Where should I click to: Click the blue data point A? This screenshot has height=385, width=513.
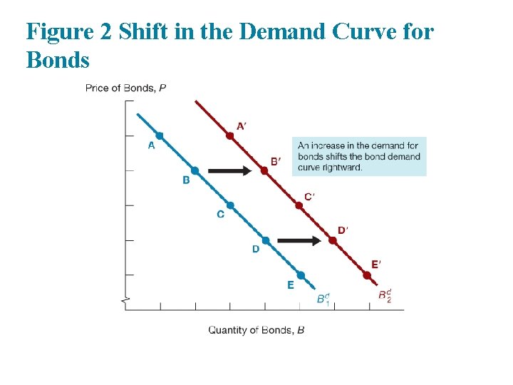pyautogui.click(x=160, y=135)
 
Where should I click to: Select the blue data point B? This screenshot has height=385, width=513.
pyautogui.click(x=195, y=170)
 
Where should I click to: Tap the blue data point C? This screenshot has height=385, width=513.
pyautogui.click(x=230, y=205)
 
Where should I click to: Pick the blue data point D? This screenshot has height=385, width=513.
pyautogui.click(x=266, y=240)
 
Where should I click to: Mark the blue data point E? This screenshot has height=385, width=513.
pyautogui.click(x=301, y=275)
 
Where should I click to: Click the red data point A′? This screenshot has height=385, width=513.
pyautogui.click(x=229, y=135)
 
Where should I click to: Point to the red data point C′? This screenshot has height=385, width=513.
pyautogui.click(x=299, y=205)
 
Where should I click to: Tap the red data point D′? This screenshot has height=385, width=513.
pyautogui.click(x=333, y=240)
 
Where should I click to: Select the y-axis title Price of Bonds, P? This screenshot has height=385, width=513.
pyautogui.click(x=125, y=88)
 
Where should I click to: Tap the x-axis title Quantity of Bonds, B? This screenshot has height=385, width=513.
pyautogui.click(x=256, y=330)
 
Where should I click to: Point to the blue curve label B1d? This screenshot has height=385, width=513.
pyautogui.click(x=323, y=299)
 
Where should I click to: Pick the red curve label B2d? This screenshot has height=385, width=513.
pyautogui.click(x=385, y=294)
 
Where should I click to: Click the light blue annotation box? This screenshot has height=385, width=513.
pyautogui.click(x=359, y=156)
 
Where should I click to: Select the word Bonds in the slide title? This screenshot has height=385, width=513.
pyautogui.click(x=58, y=61)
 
